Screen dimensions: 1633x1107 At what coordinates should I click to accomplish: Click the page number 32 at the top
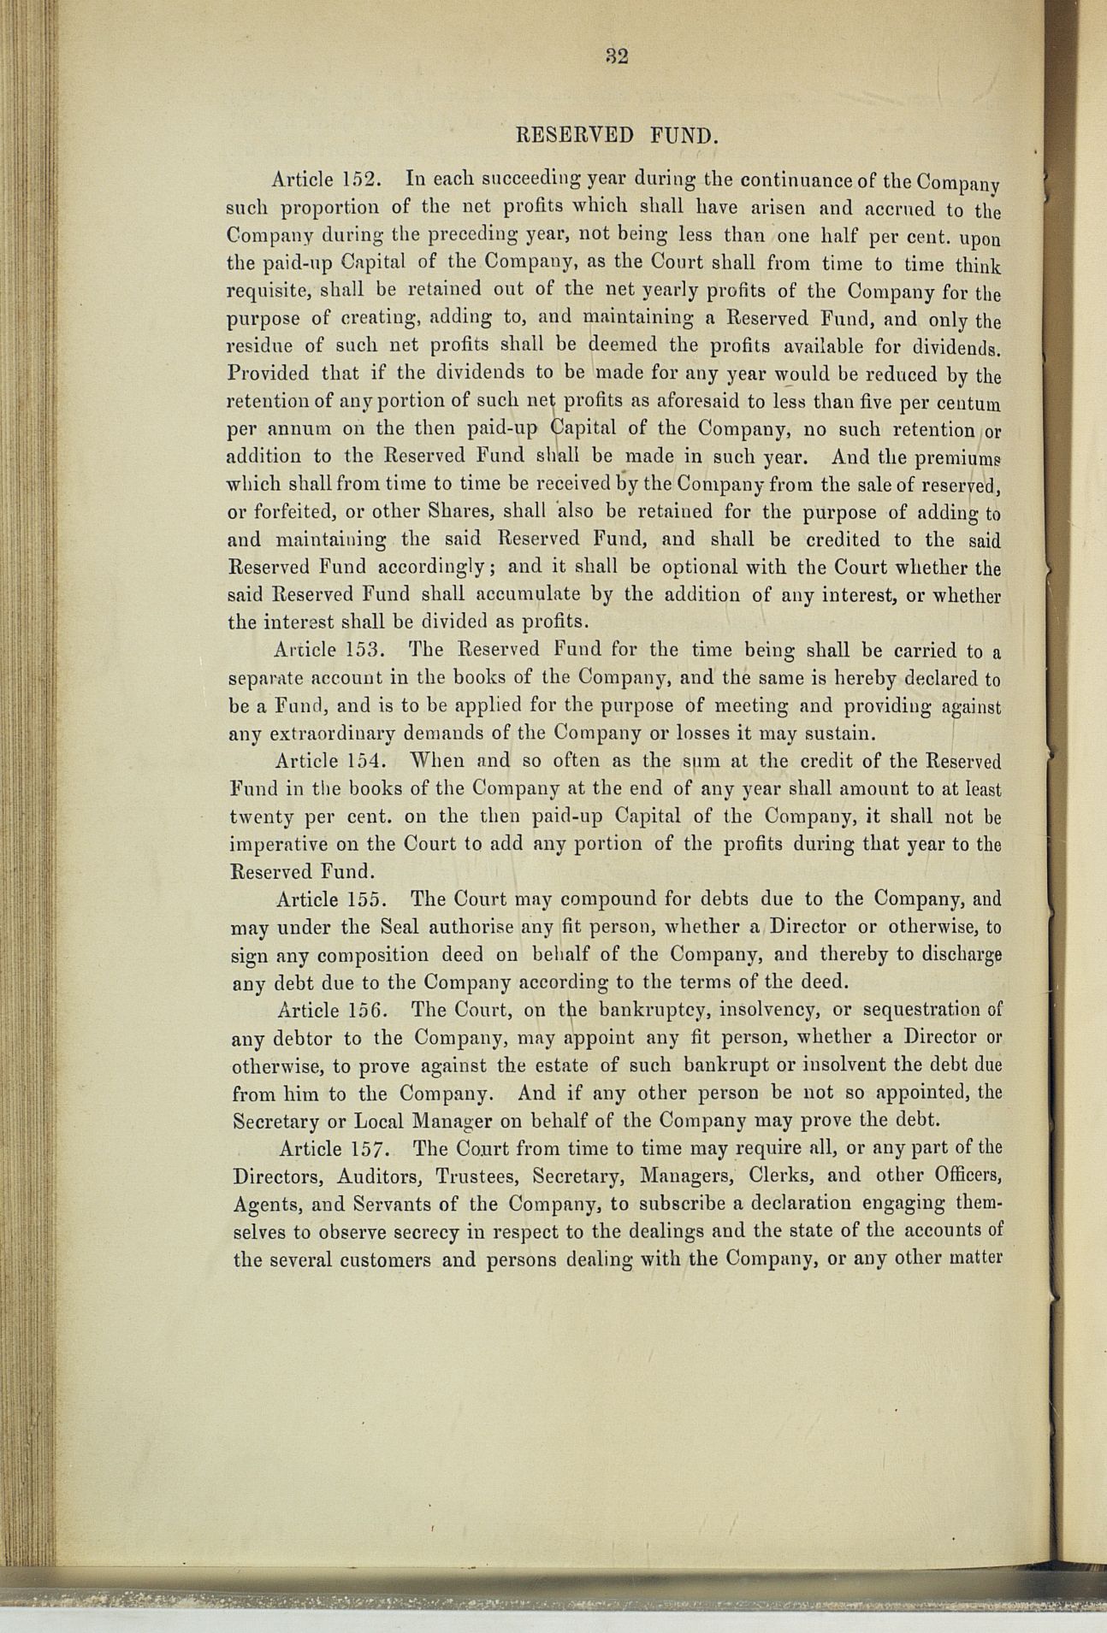point(617,56)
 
